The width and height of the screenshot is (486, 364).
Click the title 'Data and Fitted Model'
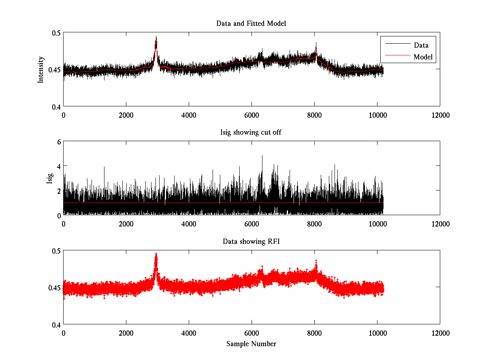click(251, 23)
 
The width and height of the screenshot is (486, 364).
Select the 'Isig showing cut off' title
click(251, 133)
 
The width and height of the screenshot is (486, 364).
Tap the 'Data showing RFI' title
click(251, 242)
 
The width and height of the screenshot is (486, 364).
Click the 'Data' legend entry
click(421, 45)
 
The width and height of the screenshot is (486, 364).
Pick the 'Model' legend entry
click(423, 57)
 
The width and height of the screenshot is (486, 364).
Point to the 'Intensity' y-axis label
click(40, 70)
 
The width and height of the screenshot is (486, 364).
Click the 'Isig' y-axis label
click(49, 178)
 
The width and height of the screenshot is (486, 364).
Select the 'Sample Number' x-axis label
click(251, 344)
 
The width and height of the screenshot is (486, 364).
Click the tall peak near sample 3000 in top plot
click(156, 38)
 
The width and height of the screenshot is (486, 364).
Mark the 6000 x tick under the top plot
click(252, 115)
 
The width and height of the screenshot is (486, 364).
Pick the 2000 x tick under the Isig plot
click(126, 224)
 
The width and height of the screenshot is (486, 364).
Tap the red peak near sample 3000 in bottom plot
click(156, 255)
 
